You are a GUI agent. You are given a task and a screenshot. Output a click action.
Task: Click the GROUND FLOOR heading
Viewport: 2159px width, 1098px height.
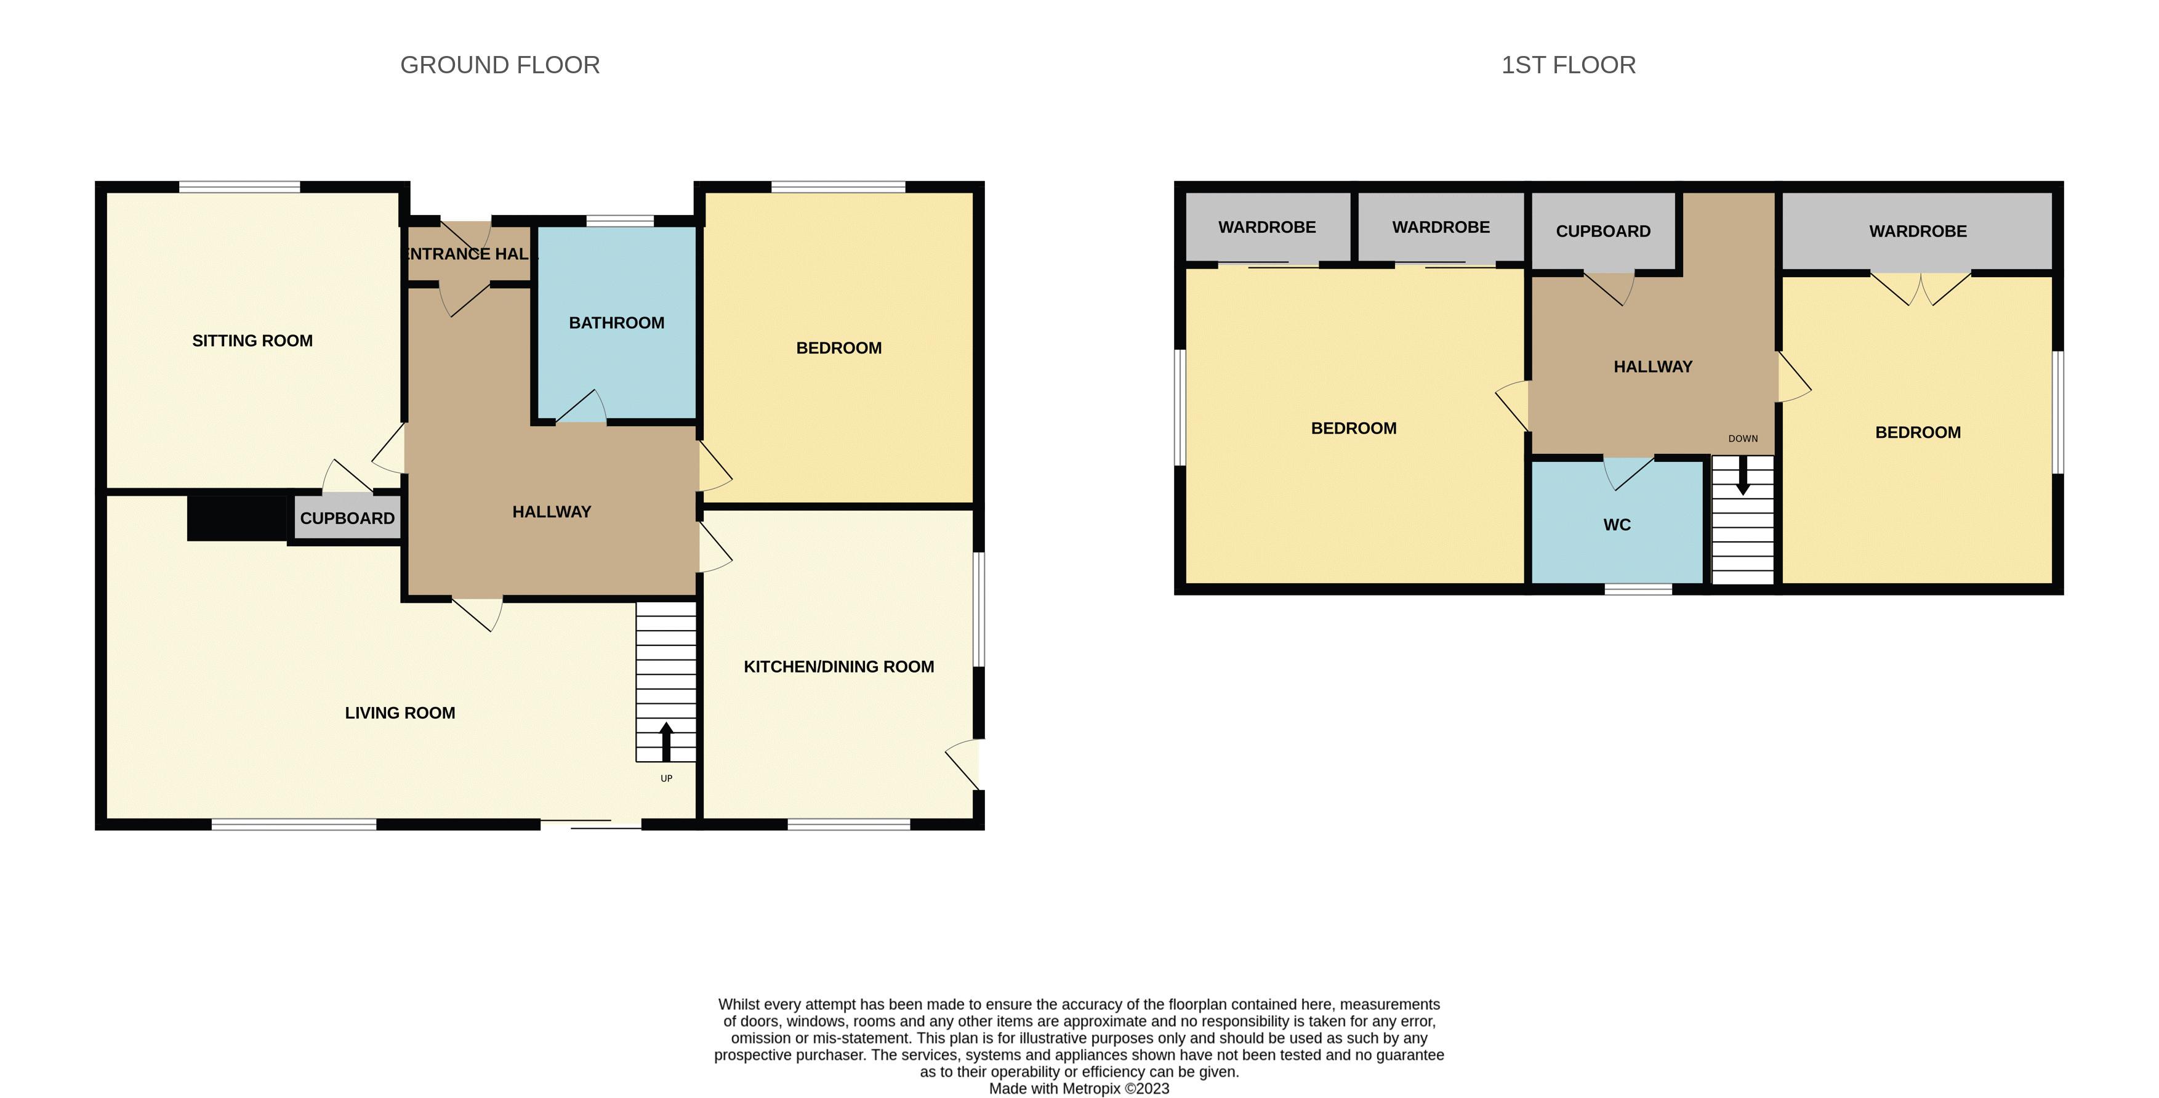pyautogui.click(x=501, y=65)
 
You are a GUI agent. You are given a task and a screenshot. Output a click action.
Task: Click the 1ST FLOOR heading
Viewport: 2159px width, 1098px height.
pyautogui.click(x=1568, y=65)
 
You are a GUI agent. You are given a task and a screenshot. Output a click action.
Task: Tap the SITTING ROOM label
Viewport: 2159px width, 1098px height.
pyautogui.click(x=252, y=341)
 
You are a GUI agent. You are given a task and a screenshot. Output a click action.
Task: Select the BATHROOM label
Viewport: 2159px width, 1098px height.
pyautogui.click(x=617, y=323)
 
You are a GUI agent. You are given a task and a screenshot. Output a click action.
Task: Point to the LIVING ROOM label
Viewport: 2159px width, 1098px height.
pyautogui.click(x=400, y=712)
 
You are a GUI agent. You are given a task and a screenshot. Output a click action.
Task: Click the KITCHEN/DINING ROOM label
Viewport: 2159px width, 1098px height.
pyautogui.click(x=839, y=666)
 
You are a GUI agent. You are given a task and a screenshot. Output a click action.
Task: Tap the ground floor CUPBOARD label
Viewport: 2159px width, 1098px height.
pyautogui.click(x=347, y=518)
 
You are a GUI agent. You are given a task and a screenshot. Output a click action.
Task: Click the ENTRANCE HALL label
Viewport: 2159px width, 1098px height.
pyautogui.click(x=468, y=254)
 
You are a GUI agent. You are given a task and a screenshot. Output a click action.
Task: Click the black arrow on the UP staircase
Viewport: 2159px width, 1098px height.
pyautogui.click(x=666, y=741)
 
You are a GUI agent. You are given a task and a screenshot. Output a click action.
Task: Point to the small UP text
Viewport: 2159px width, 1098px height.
pyautogui.click(x=666, y=778)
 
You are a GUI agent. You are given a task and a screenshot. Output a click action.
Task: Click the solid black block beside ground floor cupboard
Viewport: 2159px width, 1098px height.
pyautogui.click(x=237, y=517)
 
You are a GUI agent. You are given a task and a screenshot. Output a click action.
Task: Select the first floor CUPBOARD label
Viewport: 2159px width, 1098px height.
pyautogui.click(x=1603, y=232)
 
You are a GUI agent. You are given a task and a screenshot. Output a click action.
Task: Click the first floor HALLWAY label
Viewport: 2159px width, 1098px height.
pyautogui.click(x=1654, y=366)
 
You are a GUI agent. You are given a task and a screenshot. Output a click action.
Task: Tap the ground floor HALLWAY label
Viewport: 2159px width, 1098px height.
pyautogui.click(x=552, y=511)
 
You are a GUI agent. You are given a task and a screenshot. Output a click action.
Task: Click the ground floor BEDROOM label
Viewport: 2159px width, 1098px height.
pyautogui.click(x=839, y=348)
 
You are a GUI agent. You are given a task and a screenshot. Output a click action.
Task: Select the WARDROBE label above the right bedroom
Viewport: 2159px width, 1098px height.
pyautogui.click(x=1918, y=232)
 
